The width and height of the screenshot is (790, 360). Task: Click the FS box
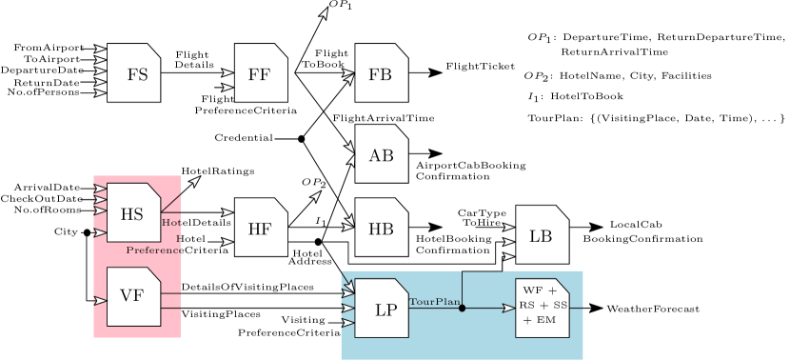point(133,73)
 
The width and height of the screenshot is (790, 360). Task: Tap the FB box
point(381,73)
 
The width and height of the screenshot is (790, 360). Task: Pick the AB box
point(381,154)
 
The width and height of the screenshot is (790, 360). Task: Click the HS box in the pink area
point(133,212)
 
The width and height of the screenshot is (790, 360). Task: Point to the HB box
point(381,229)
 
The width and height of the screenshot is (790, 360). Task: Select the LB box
point(542,235)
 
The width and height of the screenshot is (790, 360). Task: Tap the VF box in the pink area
point(133,296)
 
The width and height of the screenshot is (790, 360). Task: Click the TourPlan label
point(434,302)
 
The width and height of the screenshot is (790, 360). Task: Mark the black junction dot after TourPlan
point(463,308)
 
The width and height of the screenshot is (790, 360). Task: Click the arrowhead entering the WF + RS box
point(510,308)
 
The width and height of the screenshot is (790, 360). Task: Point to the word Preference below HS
point(153,250)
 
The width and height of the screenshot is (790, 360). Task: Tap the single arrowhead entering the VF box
point(100,300)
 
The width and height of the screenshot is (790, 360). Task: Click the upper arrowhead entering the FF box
point(227,72)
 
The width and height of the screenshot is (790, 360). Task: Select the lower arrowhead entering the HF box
point(227,242)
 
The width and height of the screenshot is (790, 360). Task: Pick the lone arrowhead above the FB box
point(324,13)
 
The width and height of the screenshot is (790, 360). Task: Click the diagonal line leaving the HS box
point(171,199)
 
